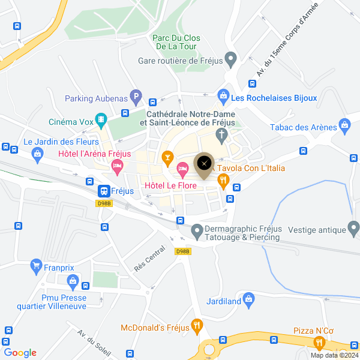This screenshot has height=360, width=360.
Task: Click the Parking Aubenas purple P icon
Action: (x=136, y=95)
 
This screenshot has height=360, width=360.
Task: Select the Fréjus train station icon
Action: (x=104, y=191)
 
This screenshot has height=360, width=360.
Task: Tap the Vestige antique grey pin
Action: (x=353, y=228)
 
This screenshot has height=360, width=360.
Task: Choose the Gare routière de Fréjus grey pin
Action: (x=232, y=59)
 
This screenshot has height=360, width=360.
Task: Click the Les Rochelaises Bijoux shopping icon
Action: (x=223, y=95)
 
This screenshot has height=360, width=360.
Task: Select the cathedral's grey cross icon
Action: (x=221, y=136)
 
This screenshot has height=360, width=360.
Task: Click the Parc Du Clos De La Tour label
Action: (x=176, y=41)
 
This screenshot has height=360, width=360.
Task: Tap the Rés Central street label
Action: (x=149, y=259)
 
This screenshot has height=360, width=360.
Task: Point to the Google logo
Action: (x=20, y=353)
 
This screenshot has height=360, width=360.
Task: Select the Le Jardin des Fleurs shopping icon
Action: (x=38, y=154)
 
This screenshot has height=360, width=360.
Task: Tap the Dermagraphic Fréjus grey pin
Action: (x=196, y=230)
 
